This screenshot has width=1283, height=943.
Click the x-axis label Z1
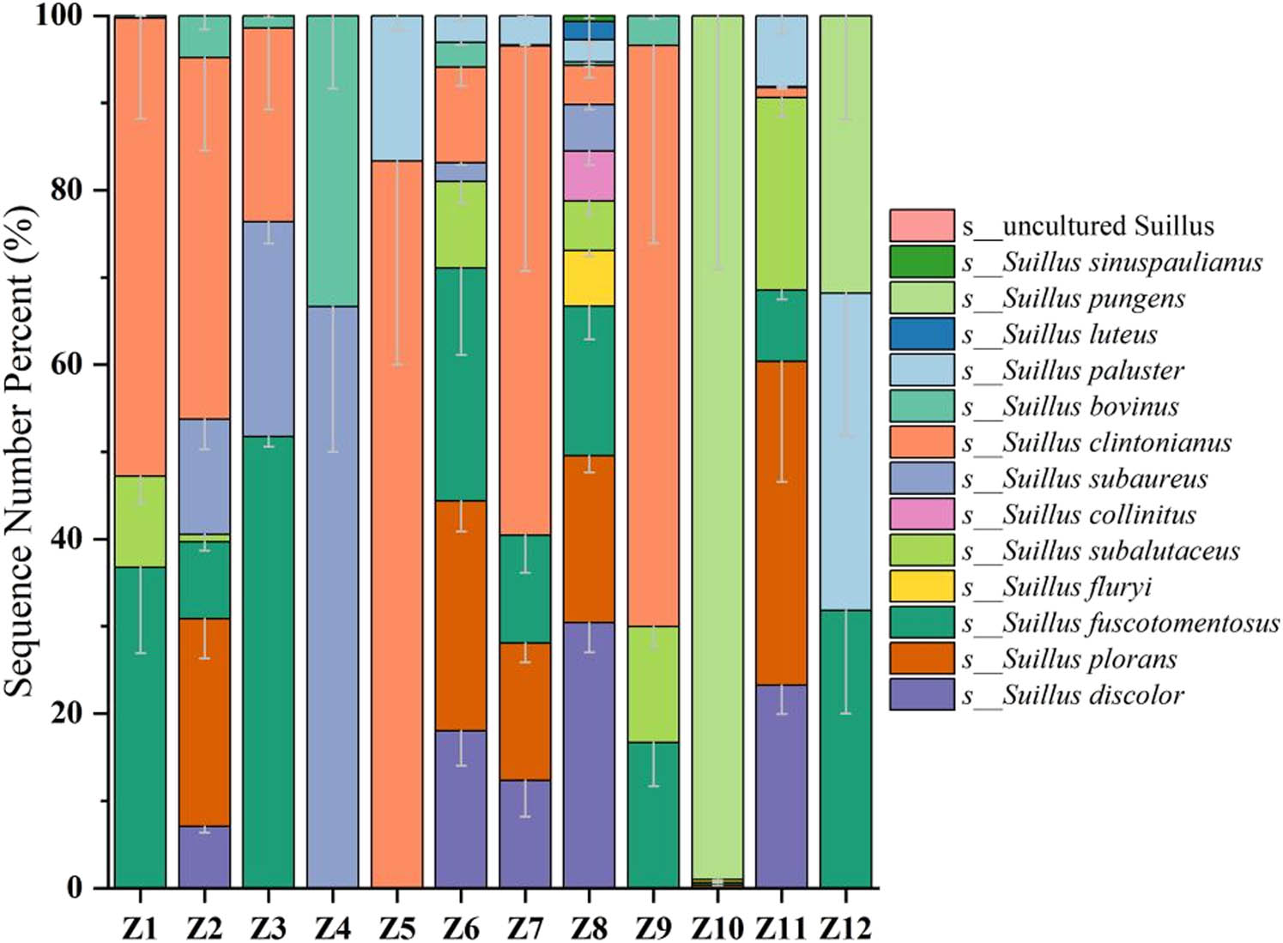pos(139,928)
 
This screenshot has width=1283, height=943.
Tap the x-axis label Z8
pos(589,928)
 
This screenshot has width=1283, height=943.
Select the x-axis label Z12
pos(845,928)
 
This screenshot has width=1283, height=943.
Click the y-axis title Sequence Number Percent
pos(21,451)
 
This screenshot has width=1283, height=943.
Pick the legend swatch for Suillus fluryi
pos(922,586)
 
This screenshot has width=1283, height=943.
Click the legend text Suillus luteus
pos(1080,334)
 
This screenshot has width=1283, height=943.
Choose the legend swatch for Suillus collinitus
pos(922,514)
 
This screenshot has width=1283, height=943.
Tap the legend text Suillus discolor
pos(1092,694)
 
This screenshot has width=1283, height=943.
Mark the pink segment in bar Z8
pos(589,176)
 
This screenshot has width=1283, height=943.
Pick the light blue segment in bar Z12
pos(845,451)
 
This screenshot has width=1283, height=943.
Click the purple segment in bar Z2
pos(203,856)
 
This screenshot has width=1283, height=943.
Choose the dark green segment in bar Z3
pos(268,662)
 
